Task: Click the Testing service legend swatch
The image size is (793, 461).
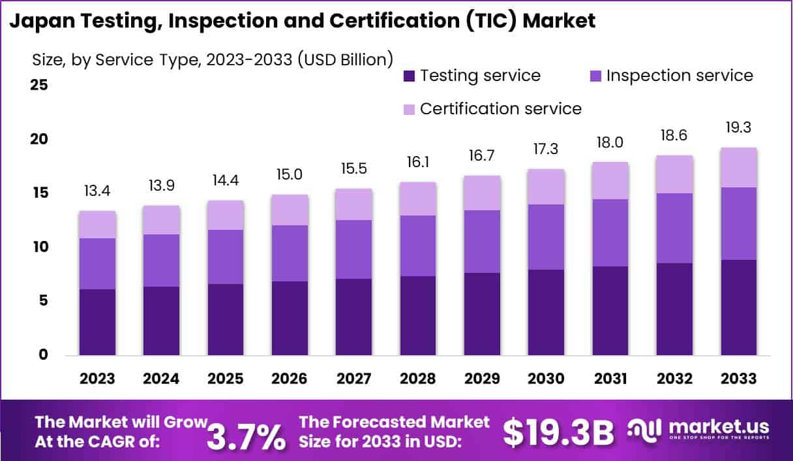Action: pos(409,76)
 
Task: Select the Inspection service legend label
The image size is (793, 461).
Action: pos(680,76)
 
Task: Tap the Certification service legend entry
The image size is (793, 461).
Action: pos(500,108)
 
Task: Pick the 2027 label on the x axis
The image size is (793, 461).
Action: pos(354,379)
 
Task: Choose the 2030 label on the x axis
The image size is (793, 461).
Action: pos(546,379)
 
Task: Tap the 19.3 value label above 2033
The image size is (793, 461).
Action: pos(739,128)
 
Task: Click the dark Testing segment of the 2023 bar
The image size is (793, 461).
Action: pos(97,322)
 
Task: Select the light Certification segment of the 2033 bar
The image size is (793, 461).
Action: pos(739,168)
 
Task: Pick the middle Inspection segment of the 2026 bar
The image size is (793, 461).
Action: pos(290,253)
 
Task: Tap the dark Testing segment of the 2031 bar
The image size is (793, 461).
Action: pos(610,311)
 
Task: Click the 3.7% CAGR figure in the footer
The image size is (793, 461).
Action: pos(246,436)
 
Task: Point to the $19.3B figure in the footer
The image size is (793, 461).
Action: pos(559,432)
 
